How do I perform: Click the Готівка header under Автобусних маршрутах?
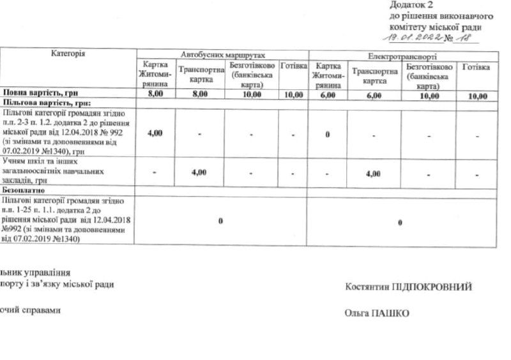click(294, 67)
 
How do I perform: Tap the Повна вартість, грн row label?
click(35, 94)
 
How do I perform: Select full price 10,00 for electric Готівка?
click(477, 96)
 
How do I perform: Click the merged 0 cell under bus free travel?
click(220, 221)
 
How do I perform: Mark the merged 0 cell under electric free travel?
click(400, 222)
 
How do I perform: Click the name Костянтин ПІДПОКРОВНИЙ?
click(408, 287)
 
